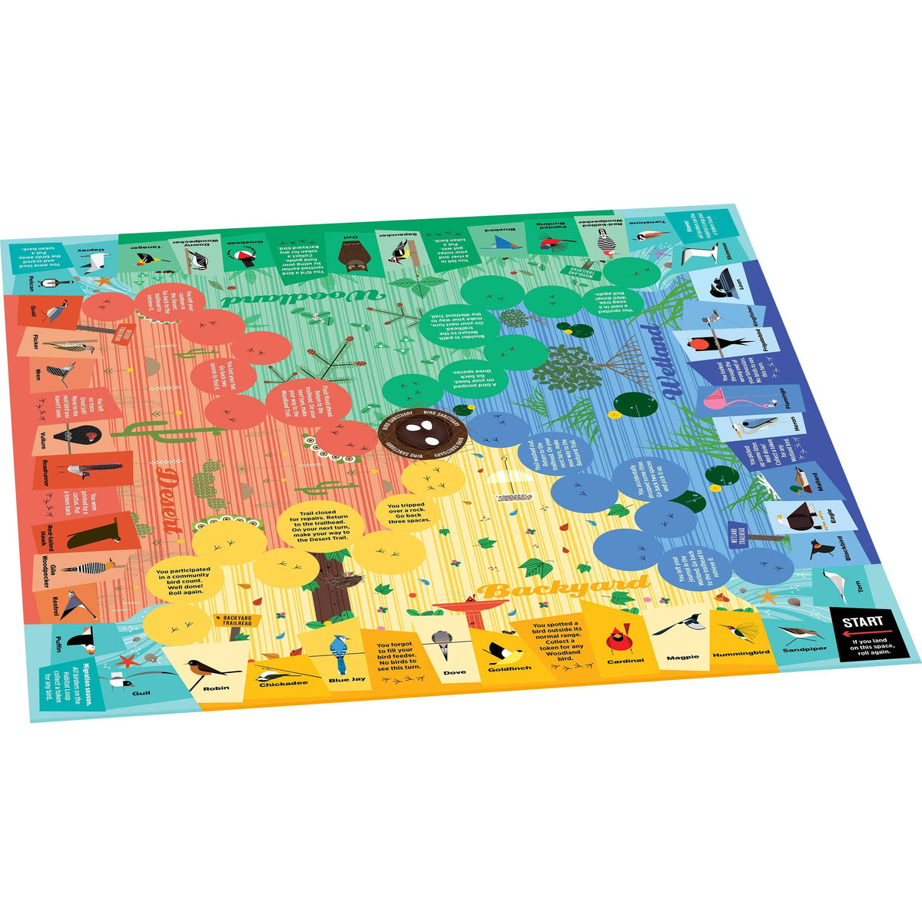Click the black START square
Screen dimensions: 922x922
coord(868,632)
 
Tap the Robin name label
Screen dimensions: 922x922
coord(217,688)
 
